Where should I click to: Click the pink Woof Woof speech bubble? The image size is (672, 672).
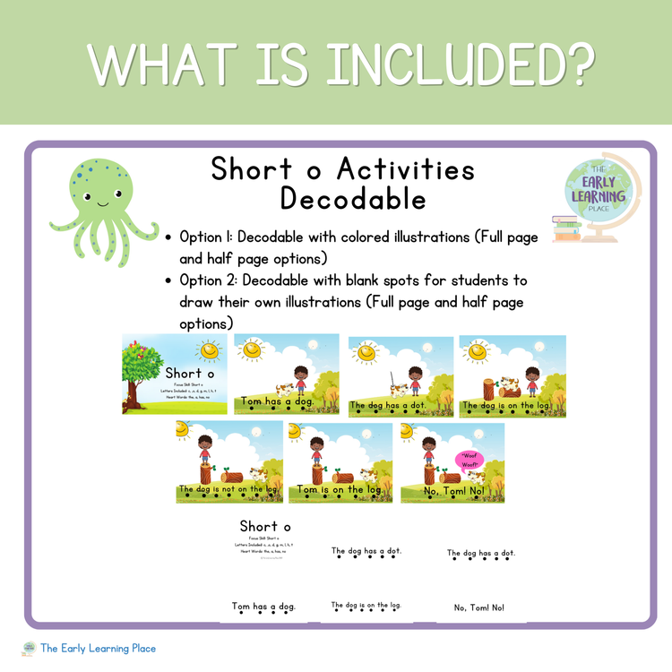pyautogui.click(x=470, y=460)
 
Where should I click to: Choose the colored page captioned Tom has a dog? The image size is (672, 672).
pyautogui.click(x=287, y=374)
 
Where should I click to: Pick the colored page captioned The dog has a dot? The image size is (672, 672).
pyautogui.click(x=401, y=374)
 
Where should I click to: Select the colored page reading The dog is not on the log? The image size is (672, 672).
pyautogui.click(x=229, y=463)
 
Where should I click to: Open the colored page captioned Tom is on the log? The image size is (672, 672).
pyautogui.click(x=340, y=463)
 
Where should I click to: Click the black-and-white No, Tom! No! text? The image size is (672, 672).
pyautogui.click(x=478, y=607)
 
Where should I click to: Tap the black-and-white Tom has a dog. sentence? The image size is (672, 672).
pyautogui.click(x=263, y=607)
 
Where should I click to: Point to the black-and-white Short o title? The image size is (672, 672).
pyautogui.click(x=265, y=526)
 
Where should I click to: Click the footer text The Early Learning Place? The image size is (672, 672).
pyautogui.click(x=98, y=648)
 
